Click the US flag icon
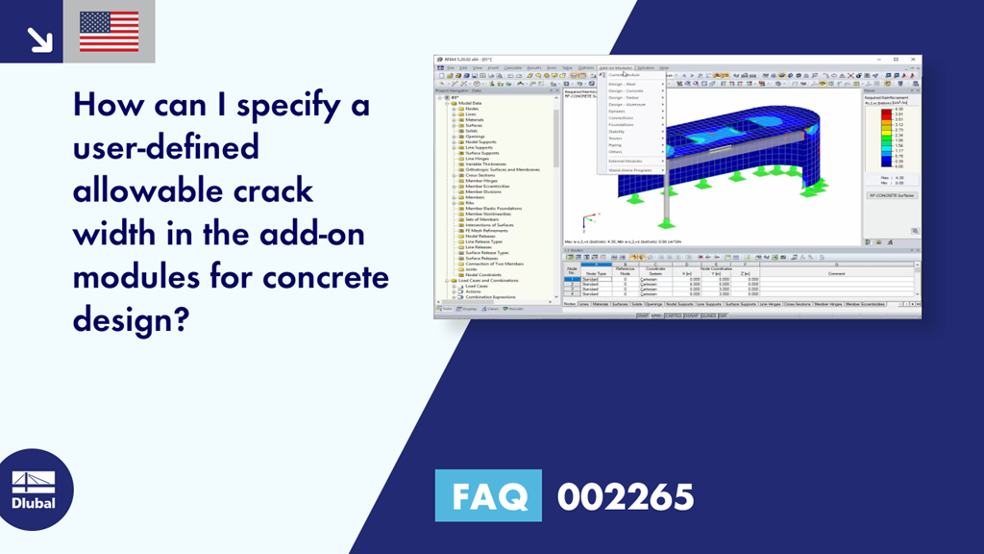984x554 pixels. pyautogui.click(x=109, y=32)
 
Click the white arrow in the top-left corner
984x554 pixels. pyautogui.click(x=39, y=38)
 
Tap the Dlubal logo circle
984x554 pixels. pyautogui.click(x=34, y=490)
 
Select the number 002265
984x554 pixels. pyautogui.click(x=626, y=497)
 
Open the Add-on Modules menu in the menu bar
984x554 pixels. pyautogui.click(x=615, y=68)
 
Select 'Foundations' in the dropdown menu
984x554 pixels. pyautogui.click(x=621, y=125)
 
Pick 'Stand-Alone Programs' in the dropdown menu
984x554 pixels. pyautogui.click(x=630, y=169)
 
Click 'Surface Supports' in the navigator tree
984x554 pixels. pyautogui.click(x=482, y=153)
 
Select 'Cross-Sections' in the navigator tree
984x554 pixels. pyautogui.click(x=481, y=175)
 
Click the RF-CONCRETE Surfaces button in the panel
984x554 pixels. pyautogui.click(x=892, y=195)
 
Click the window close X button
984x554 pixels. pyautogui.click(x=914, y=60)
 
